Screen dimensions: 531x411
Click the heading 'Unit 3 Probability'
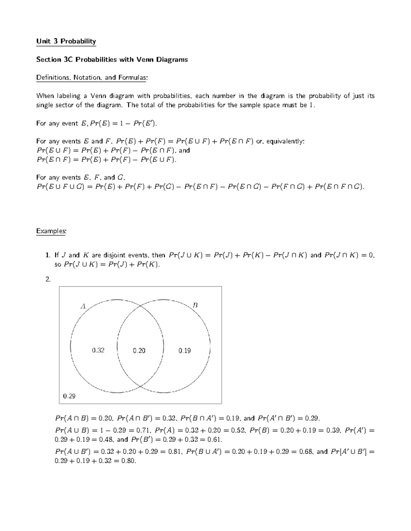pyautogui.click(x=66, y=41)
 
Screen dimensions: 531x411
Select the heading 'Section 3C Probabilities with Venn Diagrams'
pyautogui.click(x=112, y=59)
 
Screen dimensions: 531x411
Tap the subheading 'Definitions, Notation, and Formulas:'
pyautogui.click(x=92, y=78)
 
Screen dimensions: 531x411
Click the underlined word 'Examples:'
pyautogui.click(x=51, y=231)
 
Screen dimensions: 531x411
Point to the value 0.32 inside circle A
pyautogui.click(x=98, y=350)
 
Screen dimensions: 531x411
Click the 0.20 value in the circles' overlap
pyautogui.click(x=139, y=350)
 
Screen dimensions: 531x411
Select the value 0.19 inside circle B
pyautogui.click(x=185, y=350)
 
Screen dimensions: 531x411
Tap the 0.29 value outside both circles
pyautogui.click(x=69, y=396)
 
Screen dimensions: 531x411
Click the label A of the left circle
pyautogui.click(x=83, y=306)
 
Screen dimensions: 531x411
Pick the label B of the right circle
pyautogui.click(x=195, y=305)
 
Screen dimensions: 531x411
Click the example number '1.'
pyautogui.click(x=48, y=255)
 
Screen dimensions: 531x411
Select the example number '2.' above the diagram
pyautogui.click(x=48, y=279)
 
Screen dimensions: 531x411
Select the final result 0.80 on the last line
pyautogui.click(x=128, y=461)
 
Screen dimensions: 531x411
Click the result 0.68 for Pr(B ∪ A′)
pyautogui.click(x=306, y=452)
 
